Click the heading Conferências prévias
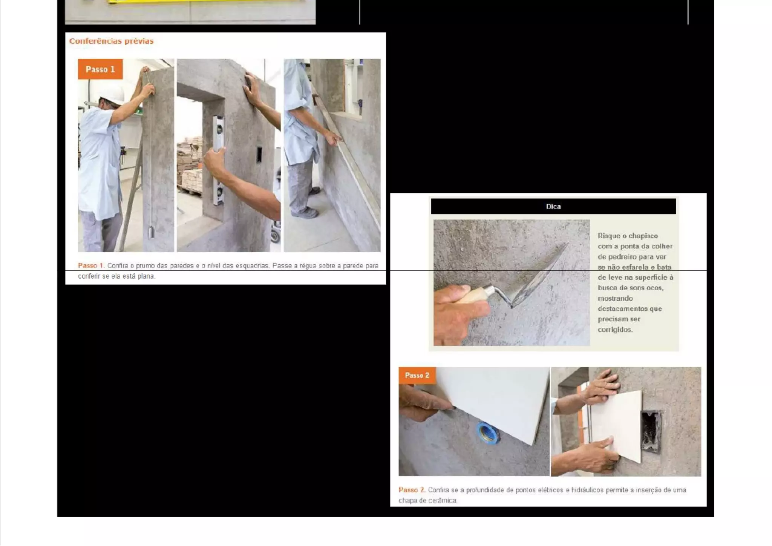[x=111, y=41]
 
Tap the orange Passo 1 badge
[x=100, y=69]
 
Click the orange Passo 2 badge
[x=417, y=375]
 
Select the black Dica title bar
[x=553, y=207]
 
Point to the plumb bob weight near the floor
[x=150, y=232]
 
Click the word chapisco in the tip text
[x=643, y=236]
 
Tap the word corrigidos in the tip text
[x=615, y=330]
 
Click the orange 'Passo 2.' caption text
[x=412, y=490]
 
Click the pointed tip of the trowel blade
[x=567, y=244]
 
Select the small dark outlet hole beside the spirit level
[x=259, y=155]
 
